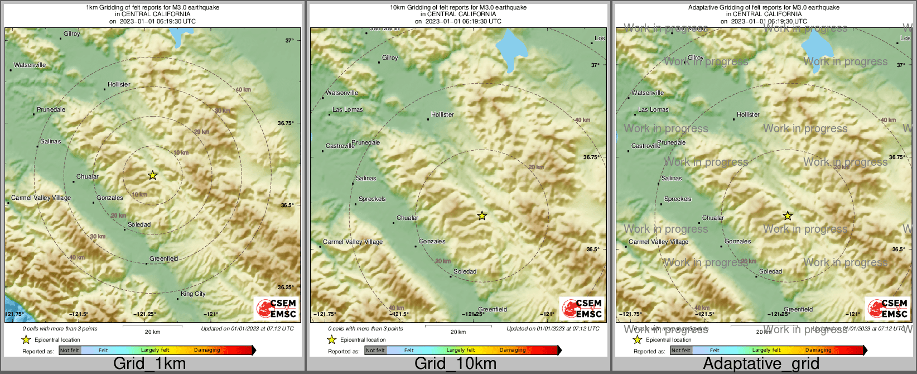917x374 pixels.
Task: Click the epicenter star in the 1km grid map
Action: (152, 175)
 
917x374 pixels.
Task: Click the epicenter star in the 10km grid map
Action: (482, 215)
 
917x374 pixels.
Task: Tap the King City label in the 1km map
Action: (193, 294)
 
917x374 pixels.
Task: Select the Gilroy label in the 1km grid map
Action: (71, 33)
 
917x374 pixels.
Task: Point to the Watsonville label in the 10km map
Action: (341, 93)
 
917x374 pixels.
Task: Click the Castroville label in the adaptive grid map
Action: (646, 146)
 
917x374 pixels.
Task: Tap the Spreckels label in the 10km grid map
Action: (372, 199)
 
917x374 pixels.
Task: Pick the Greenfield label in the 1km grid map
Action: (163, 258)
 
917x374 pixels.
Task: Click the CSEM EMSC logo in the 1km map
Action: (276, 309)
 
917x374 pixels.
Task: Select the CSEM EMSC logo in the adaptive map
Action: (887, 309)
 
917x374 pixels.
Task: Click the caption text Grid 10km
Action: (455, 363)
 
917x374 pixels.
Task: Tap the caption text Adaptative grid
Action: (761, 363)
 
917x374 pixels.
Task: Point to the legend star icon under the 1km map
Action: (26, 339)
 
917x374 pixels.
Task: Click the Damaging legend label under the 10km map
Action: (513, 350)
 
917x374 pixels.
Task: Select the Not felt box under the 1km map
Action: (70, 350)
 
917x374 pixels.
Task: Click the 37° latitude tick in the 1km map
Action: (289, 40)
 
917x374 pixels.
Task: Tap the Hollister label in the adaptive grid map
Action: (748, 114)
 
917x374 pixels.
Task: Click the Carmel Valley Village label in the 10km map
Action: (353, 242)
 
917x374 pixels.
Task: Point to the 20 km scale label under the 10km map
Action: (458, 332)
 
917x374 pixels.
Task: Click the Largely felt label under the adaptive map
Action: (766, 350)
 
